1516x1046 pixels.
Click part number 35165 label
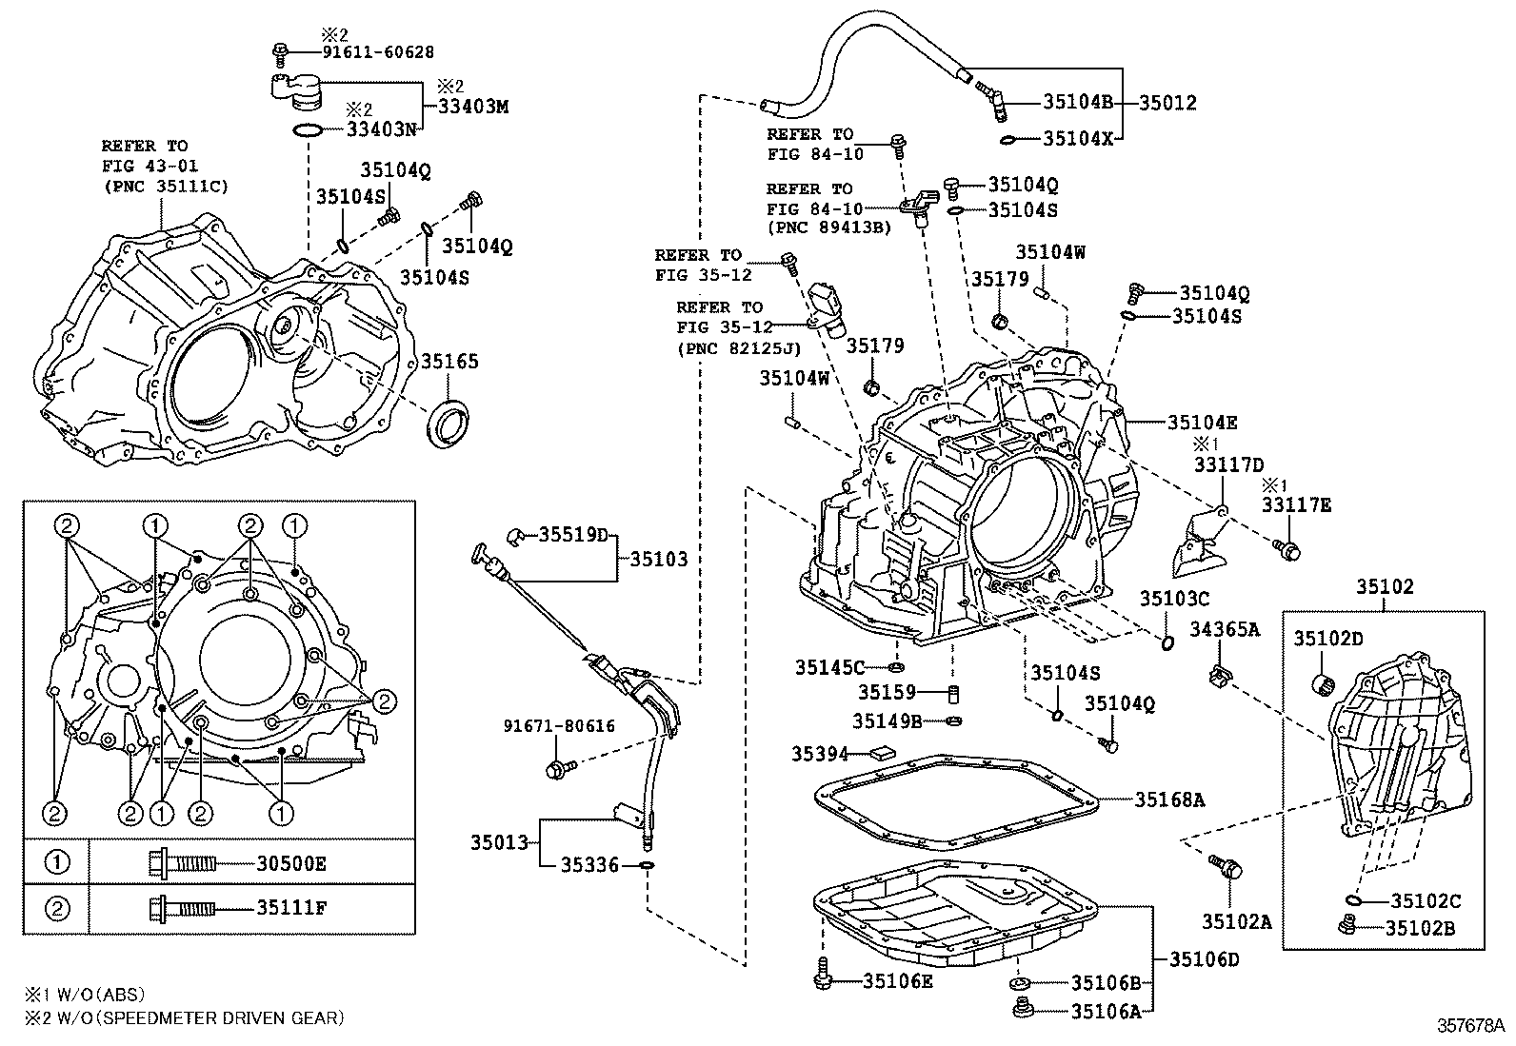click(449, 362)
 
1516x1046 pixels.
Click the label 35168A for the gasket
click(1169, 800)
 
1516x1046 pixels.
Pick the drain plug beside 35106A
click(1025, 1008)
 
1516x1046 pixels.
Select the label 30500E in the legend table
click(291, 863)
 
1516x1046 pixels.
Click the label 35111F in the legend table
click(291, 908)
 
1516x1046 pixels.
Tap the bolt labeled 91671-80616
click(557, 767)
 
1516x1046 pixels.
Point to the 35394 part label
click(819, 754)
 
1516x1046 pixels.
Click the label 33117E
click(1297, 505)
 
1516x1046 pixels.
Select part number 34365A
click(1225, 629)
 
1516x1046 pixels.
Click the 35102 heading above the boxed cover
click(1385, 587)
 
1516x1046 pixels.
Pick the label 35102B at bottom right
click(1421, 928)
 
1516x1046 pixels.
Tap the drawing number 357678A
click(1470, 1026)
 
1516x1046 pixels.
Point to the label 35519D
click(572, 535)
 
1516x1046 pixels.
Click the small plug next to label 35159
click(952, 692)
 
